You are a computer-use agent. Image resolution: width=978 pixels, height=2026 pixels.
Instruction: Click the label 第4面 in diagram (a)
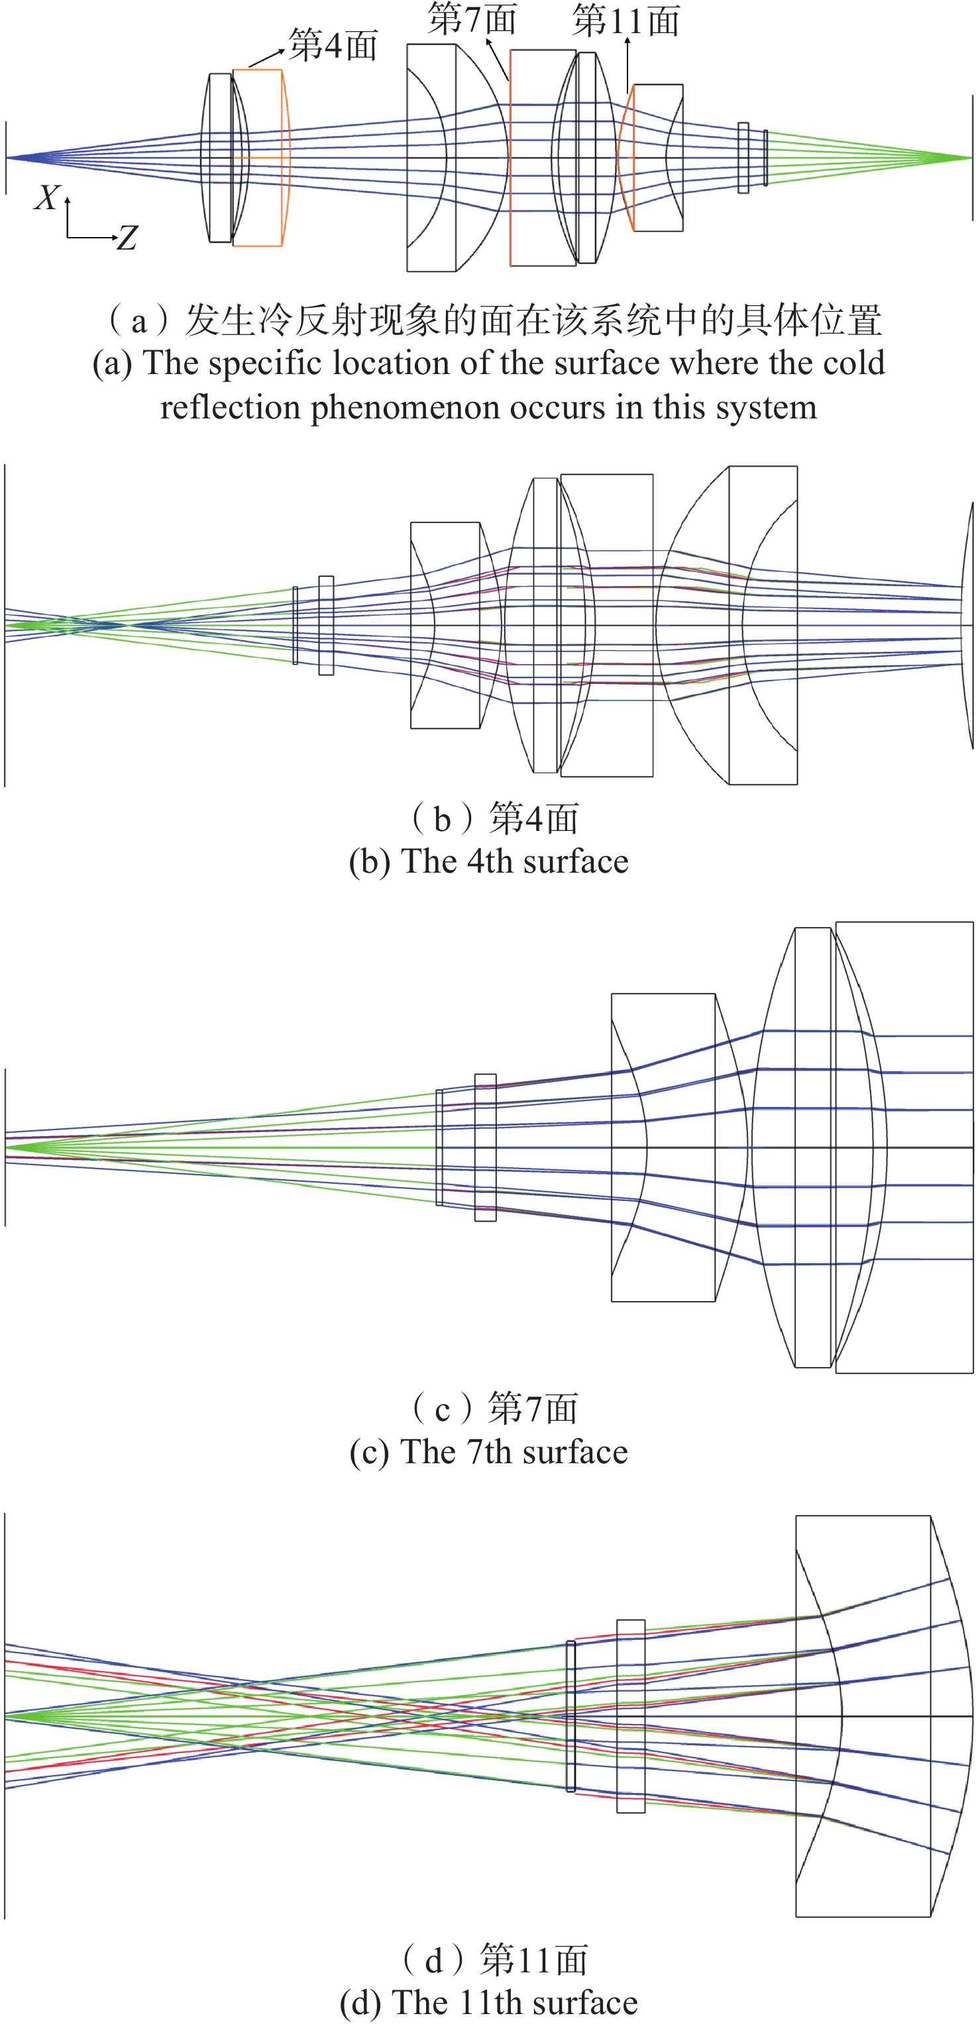point(333,46)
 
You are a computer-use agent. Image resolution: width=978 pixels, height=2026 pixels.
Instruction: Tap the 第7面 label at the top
point(472,19)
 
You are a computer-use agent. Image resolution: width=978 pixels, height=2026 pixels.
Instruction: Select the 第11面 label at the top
point(625,21)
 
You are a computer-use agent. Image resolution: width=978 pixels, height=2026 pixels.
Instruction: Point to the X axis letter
point(46,198)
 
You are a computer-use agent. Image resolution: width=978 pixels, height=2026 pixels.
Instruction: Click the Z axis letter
point(127,238)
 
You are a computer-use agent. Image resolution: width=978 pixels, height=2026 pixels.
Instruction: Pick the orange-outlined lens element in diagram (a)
point(260,158)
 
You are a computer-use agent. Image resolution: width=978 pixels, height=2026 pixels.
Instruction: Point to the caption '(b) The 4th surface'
point(488,862)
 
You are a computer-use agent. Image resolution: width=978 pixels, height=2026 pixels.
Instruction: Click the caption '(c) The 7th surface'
point(488,1452)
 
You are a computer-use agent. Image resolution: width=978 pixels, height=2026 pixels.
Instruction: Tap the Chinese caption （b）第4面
point(494,819)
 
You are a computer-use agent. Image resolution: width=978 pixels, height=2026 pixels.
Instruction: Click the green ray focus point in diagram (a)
point(970,158)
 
